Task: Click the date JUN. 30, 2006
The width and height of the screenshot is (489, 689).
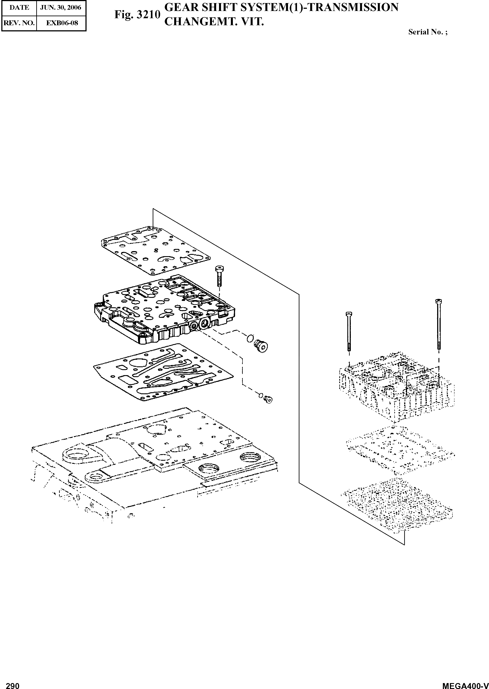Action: (61, 7)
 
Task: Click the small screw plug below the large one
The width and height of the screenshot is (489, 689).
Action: (268, 399)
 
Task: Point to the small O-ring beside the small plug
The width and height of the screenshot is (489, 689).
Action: (261, 395)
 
